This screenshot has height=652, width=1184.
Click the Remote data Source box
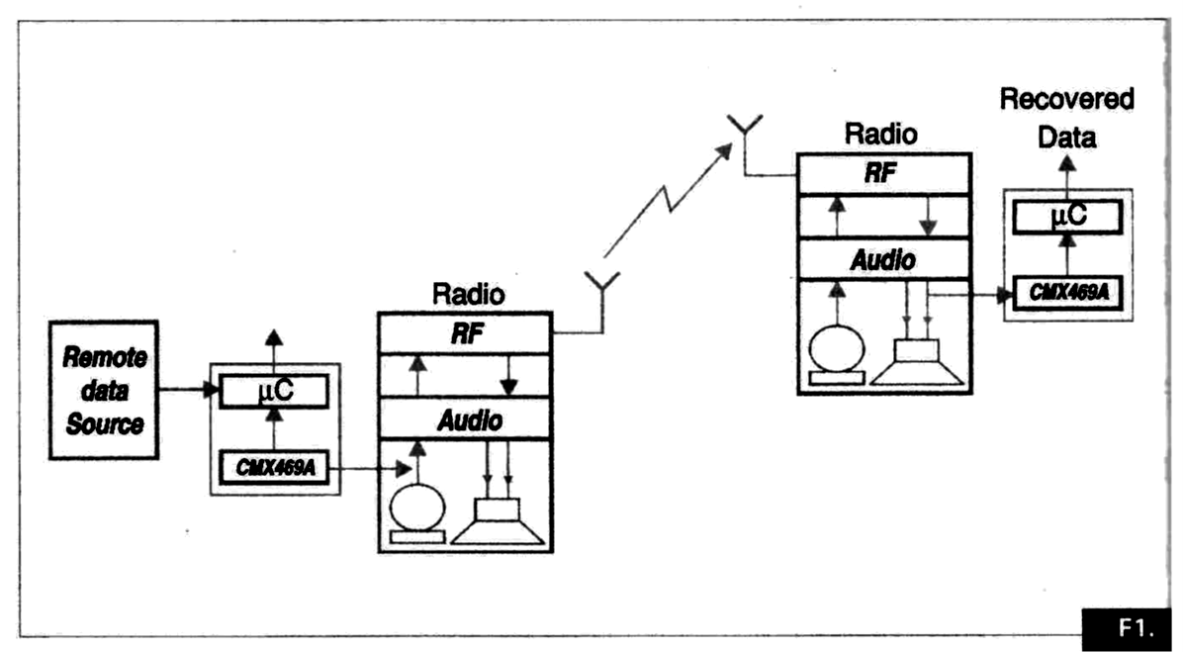coord(103,389)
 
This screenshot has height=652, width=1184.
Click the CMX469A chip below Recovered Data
coord(1067,292)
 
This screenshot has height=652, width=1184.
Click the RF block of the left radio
coord(463,332)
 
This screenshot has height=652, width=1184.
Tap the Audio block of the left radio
coord(463,420)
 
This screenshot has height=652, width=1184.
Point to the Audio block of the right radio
coord(882,260)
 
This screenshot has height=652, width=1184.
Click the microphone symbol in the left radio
coord(417,514)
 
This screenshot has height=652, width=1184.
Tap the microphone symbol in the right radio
coord(837,355)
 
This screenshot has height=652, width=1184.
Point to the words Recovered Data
coord(1065,117)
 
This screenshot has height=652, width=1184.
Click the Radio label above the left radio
coord(468,295)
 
